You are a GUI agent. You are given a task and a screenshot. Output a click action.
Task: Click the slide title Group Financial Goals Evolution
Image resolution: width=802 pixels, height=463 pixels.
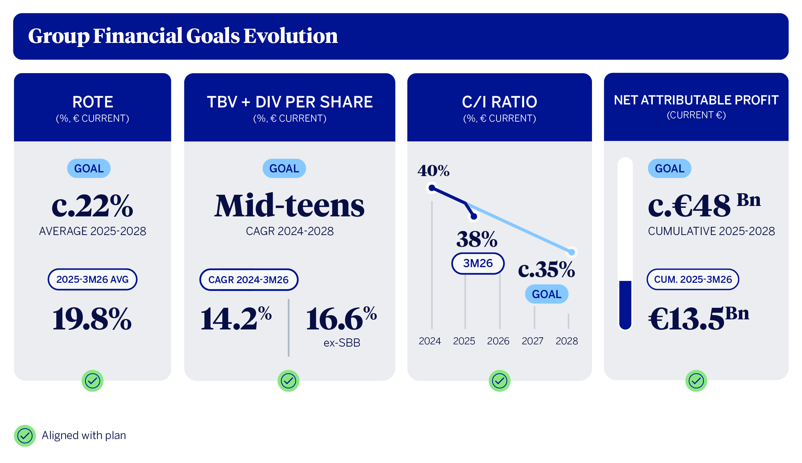[x=183, y=36]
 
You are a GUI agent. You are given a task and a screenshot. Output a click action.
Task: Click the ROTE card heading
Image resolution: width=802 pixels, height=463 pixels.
[x=93, y=102]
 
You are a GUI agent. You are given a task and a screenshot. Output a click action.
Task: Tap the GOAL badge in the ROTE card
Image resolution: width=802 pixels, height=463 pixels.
[x=89, y=168]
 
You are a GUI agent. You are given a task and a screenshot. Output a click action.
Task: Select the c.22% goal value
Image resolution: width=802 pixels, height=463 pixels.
[x=92, y=206]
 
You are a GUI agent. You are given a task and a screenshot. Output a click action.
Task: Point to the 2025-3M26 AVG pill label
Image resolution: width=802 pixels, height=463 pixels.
[x=93, y=279]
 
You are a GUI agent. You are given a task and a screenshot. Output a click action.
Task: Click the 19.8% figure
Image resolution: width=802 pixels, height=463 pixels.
[x=92, y=319]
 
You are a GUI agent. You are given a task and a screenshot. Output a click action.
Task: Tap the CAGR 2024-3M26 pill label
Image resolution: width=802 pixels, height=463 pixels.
[x=249, y=280]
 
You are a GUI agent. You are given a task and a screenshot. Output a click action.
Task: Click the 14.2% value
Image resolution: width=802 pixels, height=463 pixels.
[x=236, y=318]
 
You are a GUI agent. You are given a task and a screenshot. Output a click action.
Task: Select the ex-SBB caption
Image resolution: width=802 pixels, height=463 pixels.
[x=342, y=343]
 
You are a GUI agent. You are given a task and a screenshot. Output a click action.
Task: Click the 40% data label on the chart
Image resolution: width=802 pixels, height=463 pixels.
[x=433, y=171]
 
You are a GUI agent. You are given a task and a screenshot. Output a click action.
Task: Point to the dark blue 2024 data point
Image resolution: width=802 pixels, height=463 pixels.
[x=432, y=188]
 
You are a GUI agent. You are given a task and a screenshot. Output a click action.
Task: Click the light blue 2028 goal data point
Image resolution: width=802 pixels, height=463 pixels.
[x=571, y=252]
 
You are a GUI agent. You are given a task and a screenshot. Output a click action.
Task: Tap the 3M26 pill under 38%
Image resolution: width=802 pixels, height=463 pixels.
[x=478, y=263]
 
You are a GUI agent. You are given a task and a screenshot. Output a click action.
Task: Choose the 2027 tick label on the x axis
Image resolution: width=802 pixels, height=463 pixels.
[x=532, y=341]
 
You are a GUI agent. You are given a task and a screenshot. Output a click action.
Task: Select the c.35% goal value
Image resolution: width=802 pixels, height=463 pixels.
[x=546, y=269]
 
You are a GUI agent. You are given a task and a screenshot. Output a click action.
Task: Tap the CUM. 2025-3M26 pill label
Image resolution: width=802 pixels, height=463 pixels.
[x=693, y=279]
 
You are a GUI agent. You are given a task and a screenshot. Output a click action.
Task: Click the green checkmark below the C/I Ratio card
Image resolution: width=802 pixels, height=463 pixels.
[x=499, y=381]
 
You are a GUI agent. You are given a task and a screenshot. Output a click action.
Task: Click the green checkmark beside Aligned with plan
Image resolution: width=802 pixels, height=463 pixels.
[x=25, y=436]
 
